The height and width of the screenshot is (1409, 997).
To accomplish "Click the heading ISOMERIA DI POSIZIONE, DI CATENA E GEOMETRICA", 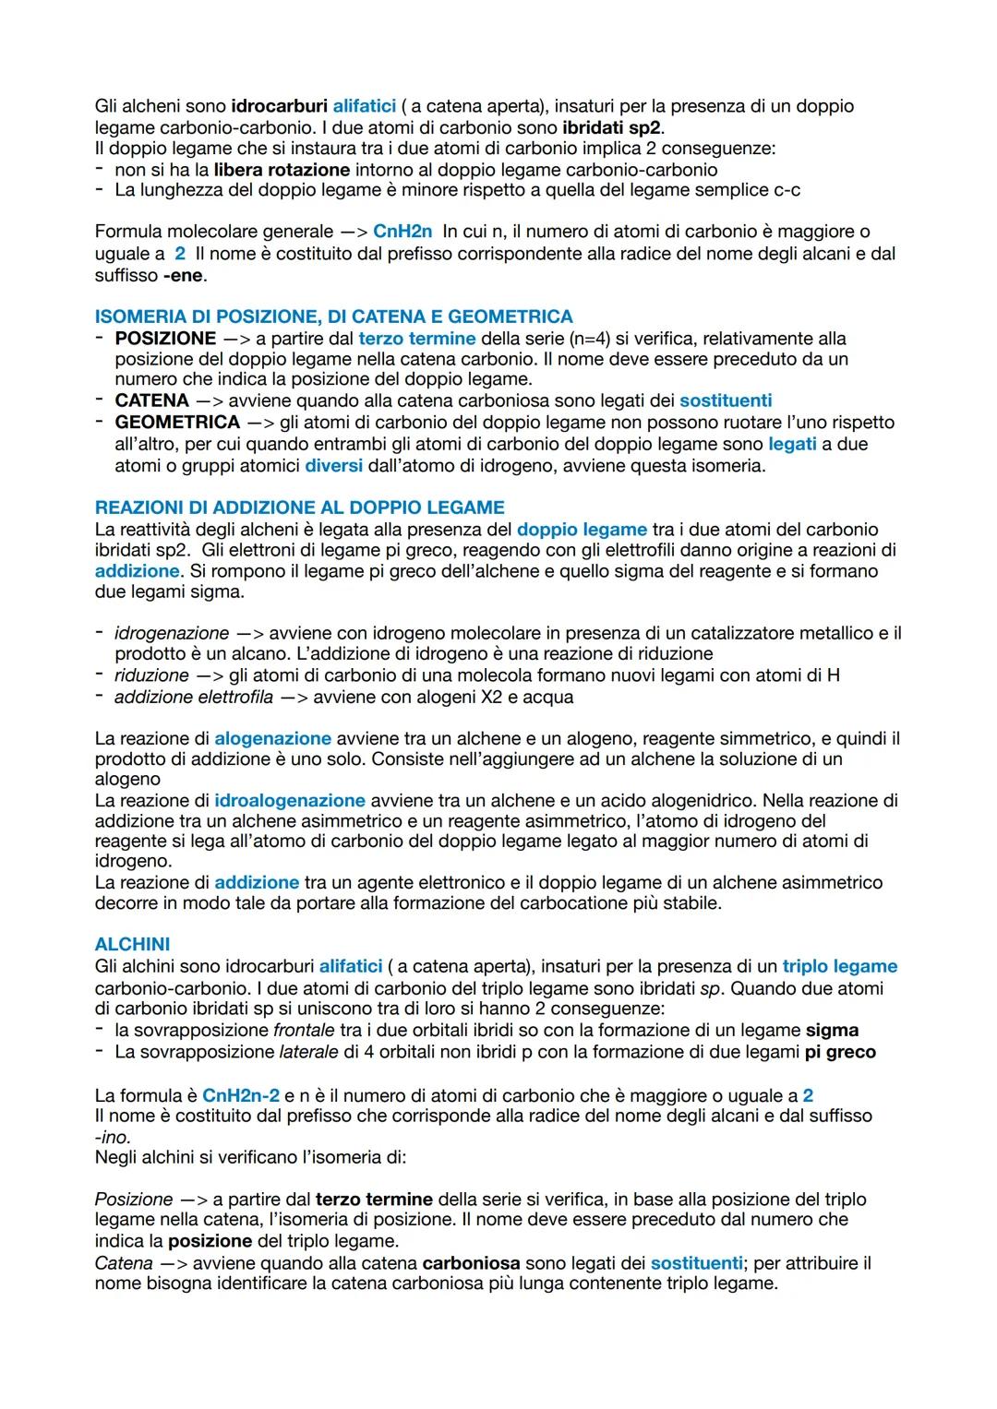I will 333,316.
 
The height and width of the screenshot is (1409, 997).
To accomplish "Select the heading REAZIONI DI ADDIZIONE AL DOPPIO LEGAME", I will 299,507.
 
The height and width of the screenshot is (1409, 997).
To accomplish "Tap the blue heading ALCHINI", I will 132,944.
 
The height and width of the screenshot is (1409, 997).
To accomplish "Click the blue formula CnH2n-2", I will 240,1095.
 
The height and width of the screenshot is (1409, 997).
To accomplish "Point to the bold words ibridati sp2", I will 611,127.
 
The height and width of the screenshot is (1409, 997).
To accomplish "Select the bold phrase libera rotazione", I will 282,170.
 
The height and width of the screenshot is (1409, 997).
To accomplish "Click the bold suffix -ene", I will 184,275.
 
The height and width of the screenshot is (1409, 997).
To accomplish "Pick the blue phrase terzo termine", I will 416,339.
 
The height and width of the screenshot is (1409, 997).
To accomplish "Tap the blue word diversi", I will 333,465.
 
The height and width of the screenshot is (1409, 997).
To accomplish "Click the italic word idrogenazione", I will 172,633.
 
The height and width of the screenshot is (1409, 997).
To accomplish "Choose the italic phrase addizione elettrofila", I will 194,697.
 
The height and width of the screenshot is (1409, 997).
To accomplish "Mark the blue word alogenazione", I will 272,738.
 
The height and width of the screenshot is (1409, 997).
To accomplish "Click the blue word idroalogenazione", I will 290,800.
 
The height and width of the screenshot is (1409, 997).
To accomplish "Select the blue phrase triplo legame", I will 839,966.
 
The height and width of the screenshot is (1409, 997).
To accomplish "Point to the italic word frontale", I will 304,1030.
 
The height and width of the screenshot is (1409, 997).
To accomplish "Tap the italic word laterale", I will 308,1052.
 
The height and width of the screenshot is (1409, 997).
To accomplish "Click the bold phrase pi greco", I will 840,1052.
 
